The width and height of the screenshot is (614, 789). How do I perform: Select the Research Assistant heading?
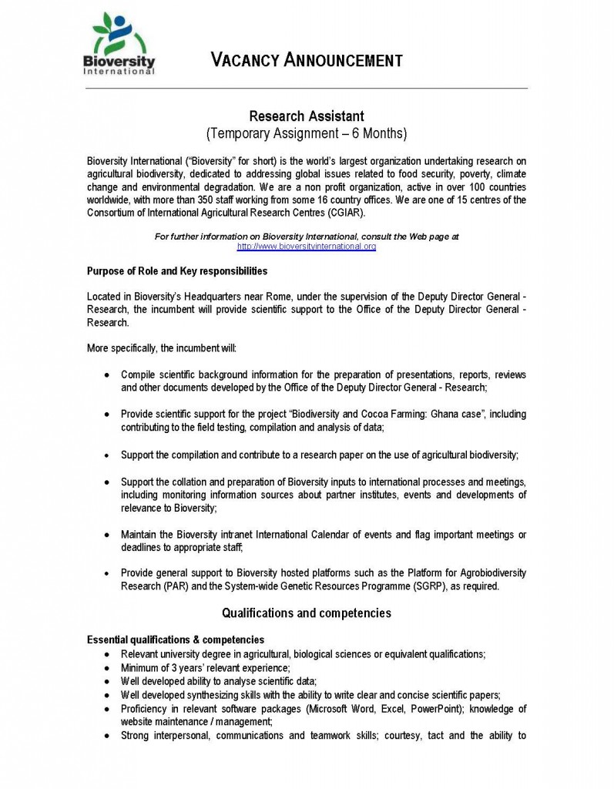[x=306, y=116]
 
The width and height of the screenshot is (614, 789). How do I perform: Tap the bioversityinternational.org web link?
[x=306, y=247]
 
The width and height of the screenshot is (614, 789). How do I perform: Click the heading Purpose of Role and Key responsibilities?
[x=177, y=271]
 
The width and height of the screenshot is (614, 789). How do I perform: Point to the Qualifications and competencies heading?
[x=306, y=613]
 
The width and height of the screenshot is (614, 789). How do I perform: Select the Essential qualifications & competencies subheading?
[x=175, y=640]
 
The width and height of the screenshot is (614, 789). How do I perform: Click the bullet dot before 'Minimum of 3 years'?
[x=106, y=667]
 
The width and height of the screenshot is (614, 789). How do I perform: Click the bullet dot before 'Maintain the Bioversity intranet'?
[x=106, y=535]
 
